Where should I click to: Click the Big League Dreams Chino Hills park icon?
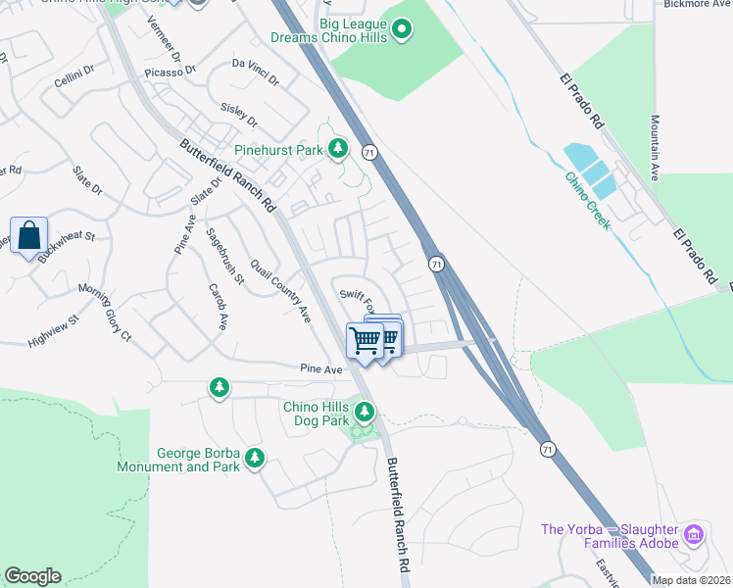(x=401, y=32)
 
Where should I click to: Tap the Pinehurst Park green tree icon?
(x=338, y=149)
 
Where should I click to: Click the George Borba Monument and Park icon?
(x=255, y=458)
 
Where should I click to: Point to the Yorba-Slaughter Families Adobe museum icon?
(x=694, y=534)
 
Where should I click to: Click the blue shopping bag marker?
(x=28, y=235)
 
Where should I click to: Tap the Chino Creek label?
(x=587, y=201)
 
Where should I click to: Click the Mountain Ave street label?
(x=654, y=148)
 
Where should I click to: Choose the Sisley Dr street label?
(x=239, y=116)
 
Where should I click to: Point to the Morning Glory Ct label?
(x=104, y=312)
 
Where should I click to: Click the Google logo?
(x=32, y=576)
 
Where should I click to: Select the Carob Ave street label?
(x=218, y=306)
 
